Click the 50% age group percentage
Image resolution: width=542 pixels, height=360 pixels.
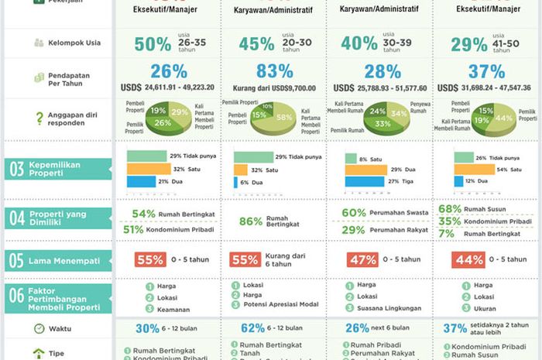coord(153,44)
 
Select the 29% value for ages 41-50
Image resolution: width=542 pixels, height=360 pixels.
coord(469,44)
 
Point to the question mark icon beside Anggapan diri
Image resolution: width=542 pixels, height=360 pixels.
coord(39,118)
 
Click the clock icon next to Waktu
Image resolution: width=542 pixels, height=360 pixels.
coord(38,328)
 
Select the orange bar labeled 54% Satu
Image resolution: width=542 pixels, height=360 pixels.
coord(474,169)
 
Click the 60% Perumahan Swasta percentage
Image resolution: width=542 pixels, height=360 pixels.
coord(354,213)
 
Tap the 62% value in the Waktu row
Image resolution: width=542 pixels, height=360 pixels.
coord(252,328)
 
